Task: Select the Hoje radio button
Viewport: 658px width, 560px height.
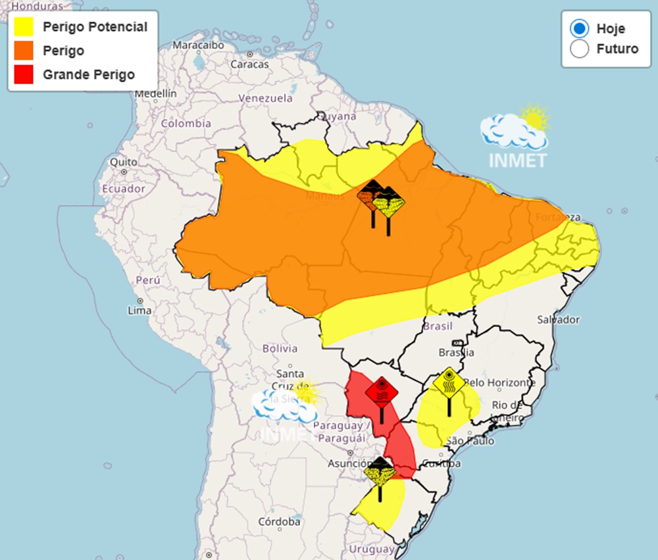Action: coord(579,28)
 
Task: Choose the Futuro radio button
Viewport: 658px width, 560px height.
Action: coord(579,49)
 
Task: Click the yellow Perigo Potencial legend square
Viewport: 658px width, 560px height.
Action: coord(23,27)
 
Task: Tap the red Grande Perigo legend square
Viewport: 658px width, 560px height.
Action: coord(23,74)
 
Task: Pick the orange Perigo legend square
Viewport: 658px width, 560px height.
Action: coord(23,51)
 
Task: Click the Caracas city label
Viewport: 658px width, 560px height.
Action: coord(249,64)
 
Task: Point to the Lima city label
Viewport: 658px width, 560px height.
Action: coord(139,310)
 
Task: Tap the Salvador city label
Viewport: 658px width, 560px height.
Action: coord(558,320)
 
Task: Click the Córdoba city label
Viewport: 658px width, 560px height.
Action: coord(279,522)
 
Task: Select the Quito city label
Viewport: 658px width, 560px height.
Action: coord(124,162)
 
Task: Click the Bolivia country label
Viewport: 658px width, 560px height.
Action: coord(280,348)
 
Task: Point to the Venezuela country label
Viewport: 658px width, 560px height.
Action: coord(265,98)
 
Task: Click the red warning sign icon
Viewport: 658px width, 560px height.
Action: coord(382,393)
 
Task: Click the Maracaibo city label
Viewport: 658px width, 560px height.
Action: coord(194,45)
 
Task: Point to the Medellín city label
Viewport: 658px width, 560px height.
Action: coord(155,93)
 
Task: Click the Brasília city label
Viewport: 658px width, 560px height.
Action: coord(457,352)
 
